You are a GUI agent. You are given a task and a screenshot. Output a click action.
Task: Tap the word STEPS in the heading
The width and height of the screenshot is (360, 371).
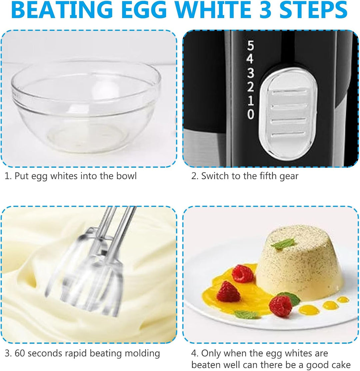click(313, 10)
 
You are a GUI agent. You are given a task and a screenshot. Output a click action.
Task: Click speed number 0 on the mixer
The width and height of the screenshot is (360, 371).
click(251, 114)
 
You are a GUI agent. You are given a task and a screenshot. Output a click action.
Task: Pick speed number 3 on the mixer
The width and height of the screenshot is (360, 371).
click(250, 73)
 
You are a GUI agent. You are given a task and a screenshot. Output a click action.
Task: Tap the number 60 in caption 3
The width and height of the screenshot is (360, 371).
click(20, 353)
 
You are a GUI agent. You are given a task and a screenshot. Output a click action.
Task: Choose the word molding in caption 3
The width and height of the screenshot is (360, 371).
click(142, 354)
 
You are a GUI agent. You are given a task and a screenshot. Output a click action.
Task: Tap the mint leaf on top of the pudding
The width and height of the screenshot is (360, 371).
click(283, 244)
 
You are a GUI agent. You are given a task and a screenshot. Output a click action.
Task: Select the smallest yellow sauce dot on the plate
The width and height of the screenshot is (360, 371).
click(343, 300)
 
